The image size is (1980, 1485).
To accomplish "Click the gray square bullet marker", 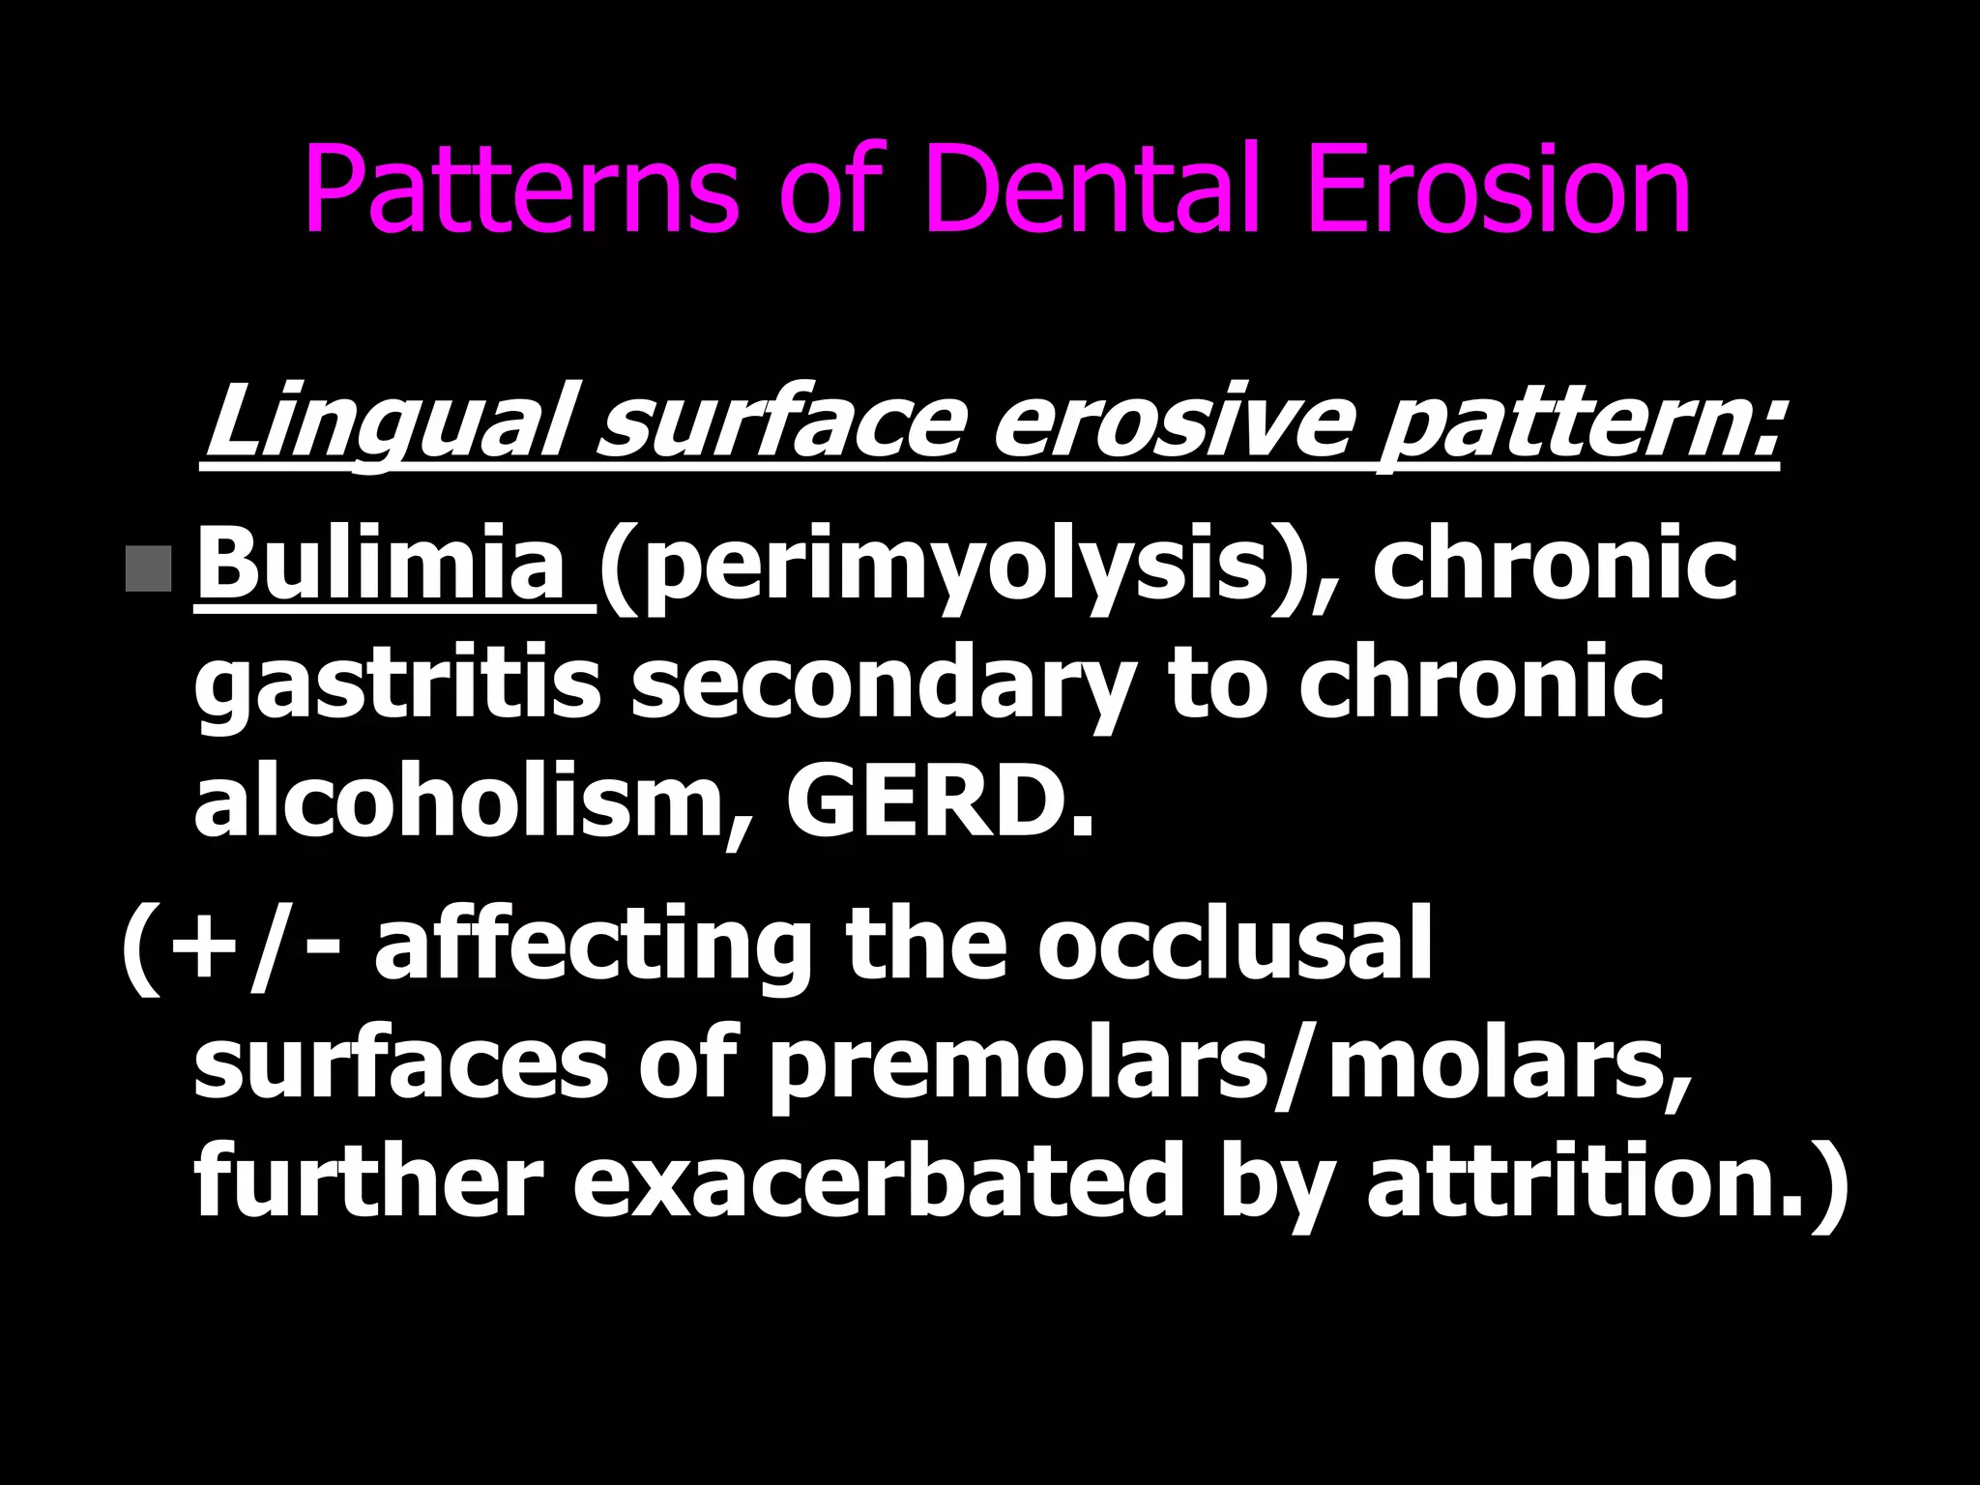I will [149, 568].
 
